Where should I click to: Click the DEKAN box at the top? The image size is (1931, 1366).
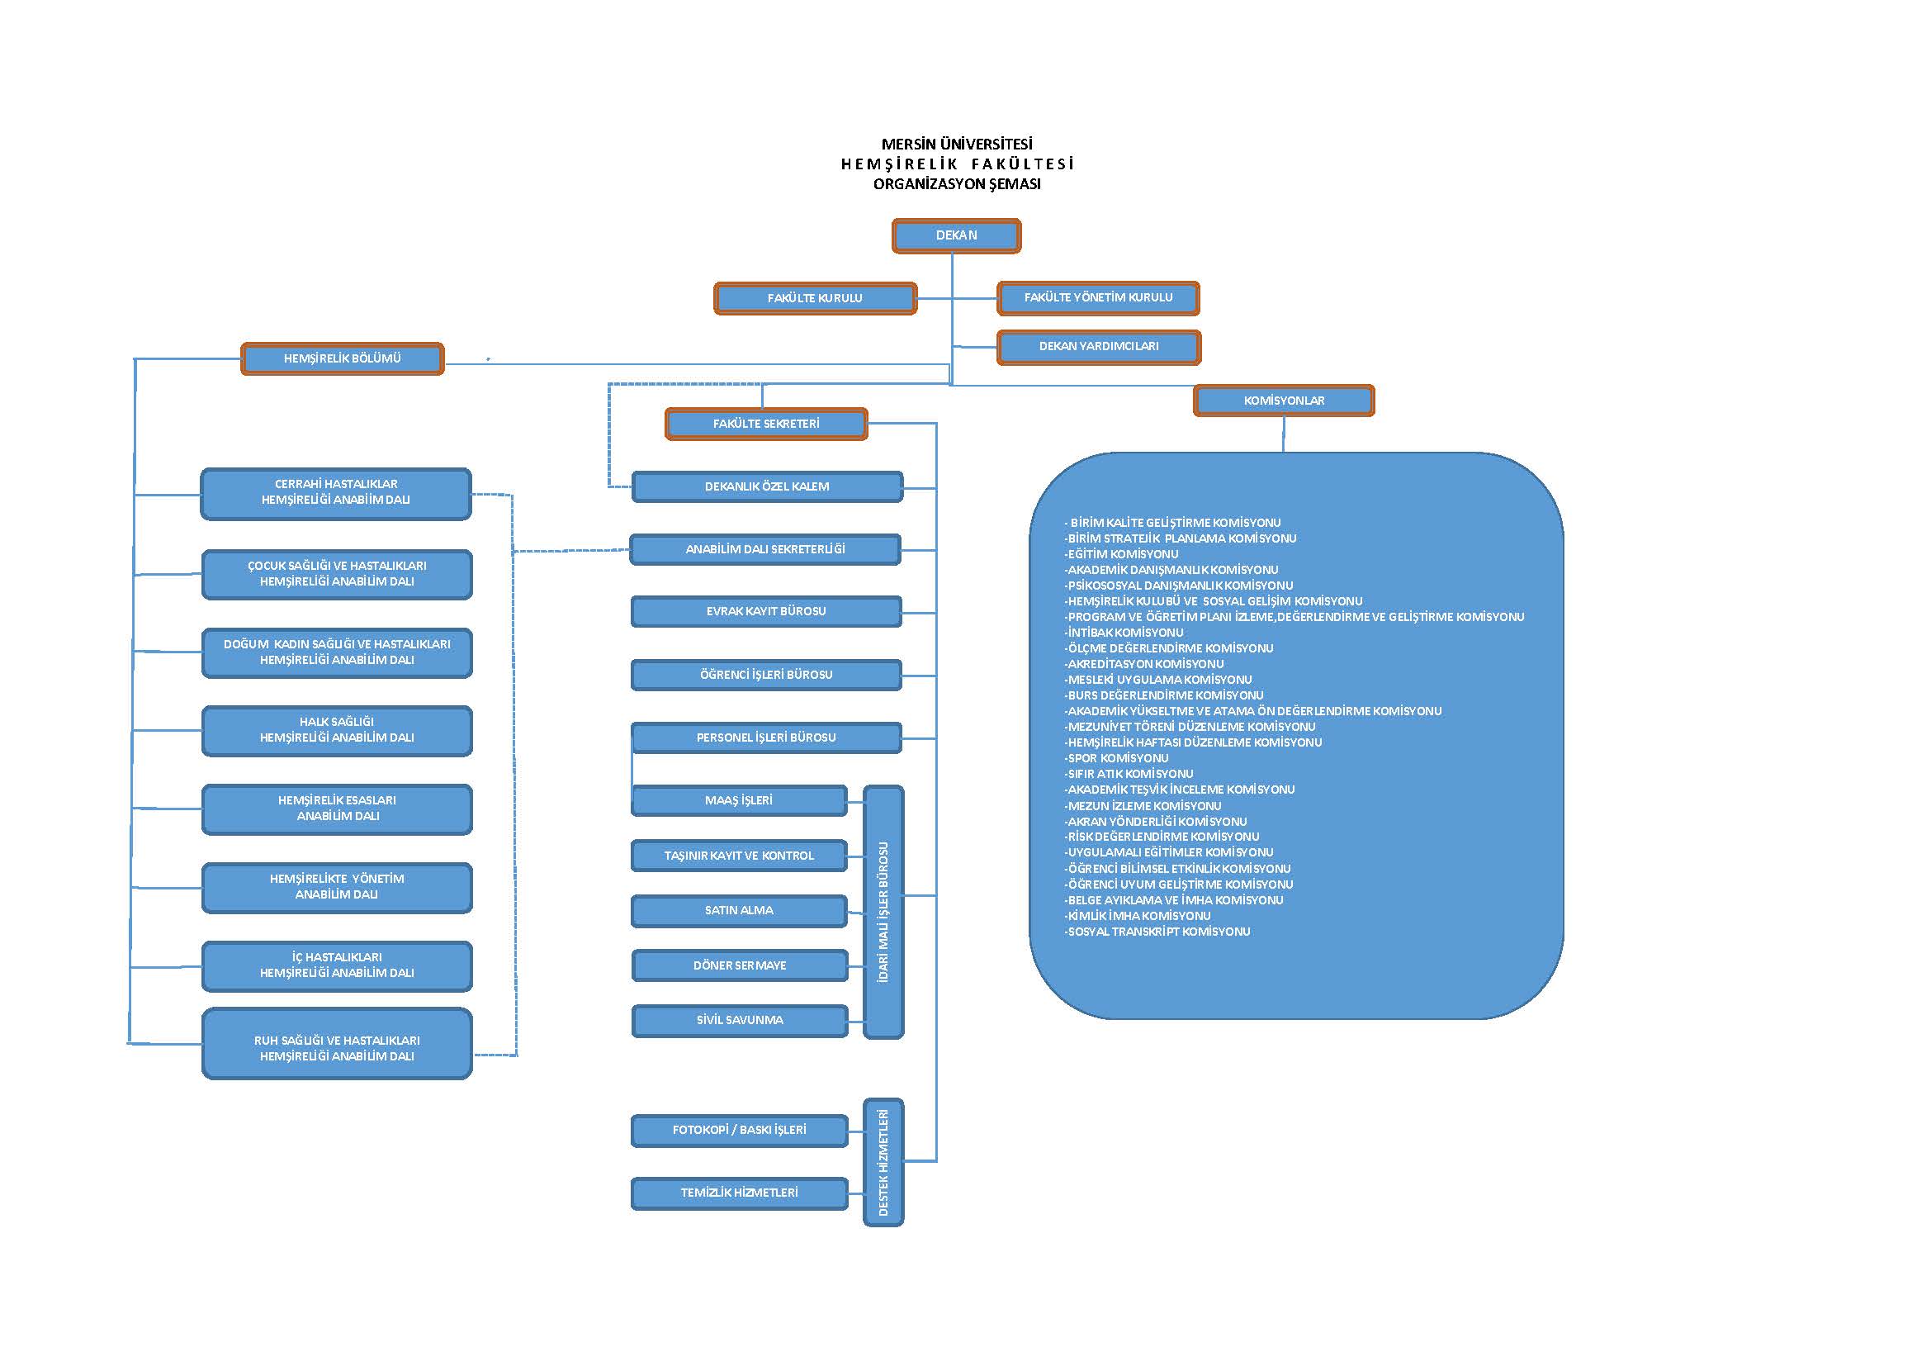pos(956,235)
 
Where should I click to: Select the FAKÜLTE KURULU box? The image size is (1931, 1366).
pos(815,298)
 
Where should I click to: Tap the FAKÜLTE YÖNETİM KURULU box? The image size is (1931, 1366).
pos(1098,298)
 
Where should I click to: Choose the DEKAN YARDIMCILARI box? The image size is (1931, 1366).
pos(1098,347)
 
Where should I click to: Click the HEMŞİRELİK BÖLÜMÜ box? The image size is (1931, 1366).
pos(343,358)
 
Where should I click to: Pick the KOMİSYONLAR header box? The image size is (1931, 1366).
pos(1284,401)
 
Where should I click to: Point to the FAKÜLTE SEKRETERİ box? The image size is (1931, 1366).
pos(766,424)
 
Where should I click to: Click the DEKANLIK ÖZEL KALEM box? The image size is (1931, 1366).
pos(767,486)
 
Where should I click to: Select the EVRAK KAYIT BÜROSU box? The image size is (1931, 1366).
pos(766,611)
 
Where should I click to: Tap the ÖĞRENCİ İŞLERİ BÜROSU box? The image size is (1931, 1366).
pos(766,675)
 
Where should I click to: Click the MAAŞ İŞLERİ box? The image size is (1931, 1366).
pos(738,801)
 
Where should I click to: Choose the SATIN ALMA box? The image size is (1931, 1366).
pos(738,910)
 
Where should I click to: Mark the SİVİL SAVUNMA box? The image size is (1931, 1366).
pos(739,1020)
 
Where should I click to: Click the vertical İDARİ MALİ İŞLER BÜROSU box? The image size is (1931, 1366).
pos(883,912)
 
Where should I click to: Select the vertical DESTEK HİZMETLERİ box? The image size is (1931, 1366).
pos(883,1162)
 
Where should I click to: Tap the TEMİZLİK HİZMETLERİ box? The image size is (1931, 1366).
pos(739,1193)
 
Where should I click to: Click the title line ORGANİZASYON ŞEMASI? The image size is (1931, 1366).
pos(957,184)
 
